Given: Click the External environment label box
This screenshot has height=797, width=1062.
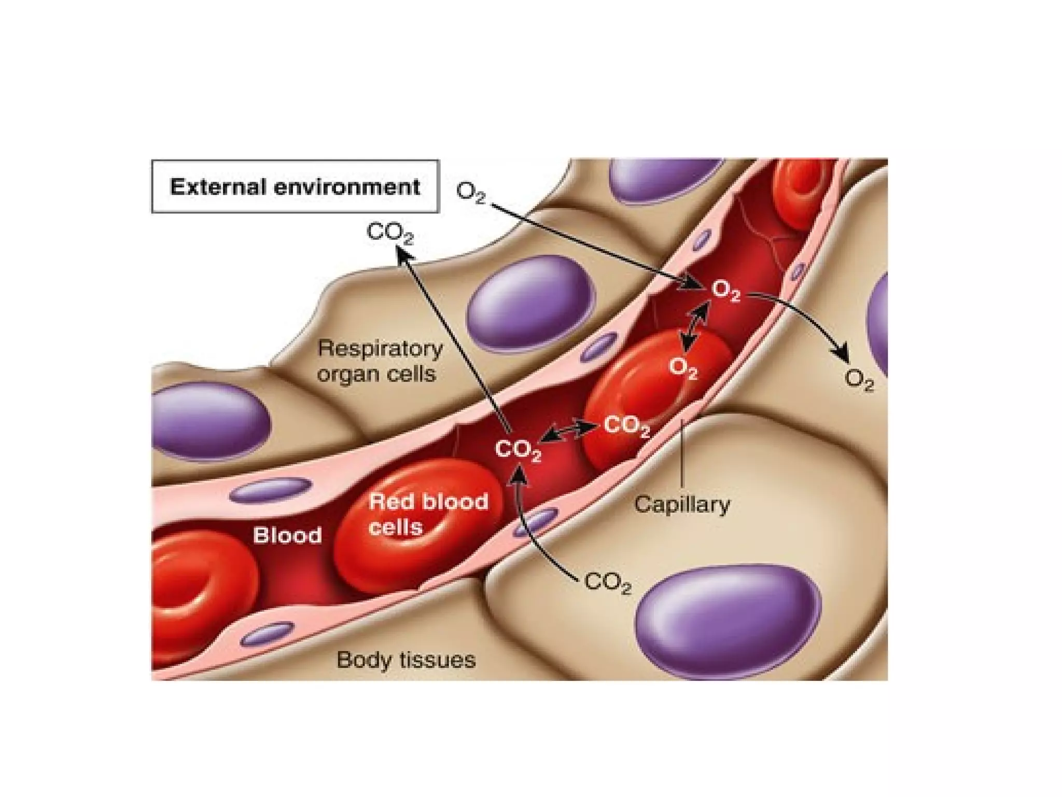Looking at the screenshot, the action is [295, 186].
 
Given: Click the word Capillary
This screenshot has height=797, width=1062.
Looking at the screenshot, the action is [682, 504].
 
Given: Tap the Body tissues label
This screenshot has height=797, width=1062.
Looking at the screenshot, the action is [406, 660].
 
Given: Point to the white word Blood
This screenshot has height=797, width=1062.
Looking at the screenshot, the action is [287, 535].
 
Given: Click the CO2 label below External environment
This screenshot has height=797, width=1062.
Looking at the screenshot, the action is [390, 233].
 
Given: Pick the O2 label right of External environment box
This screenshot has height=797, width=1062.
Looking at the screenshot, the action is [471, 193].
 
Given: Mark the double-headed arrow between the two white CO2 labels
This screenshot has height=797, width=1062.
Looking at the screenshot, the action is [570, 433].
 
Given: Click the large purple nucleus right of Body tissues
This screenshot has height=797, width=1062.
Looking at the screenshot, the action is [729, 621].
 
